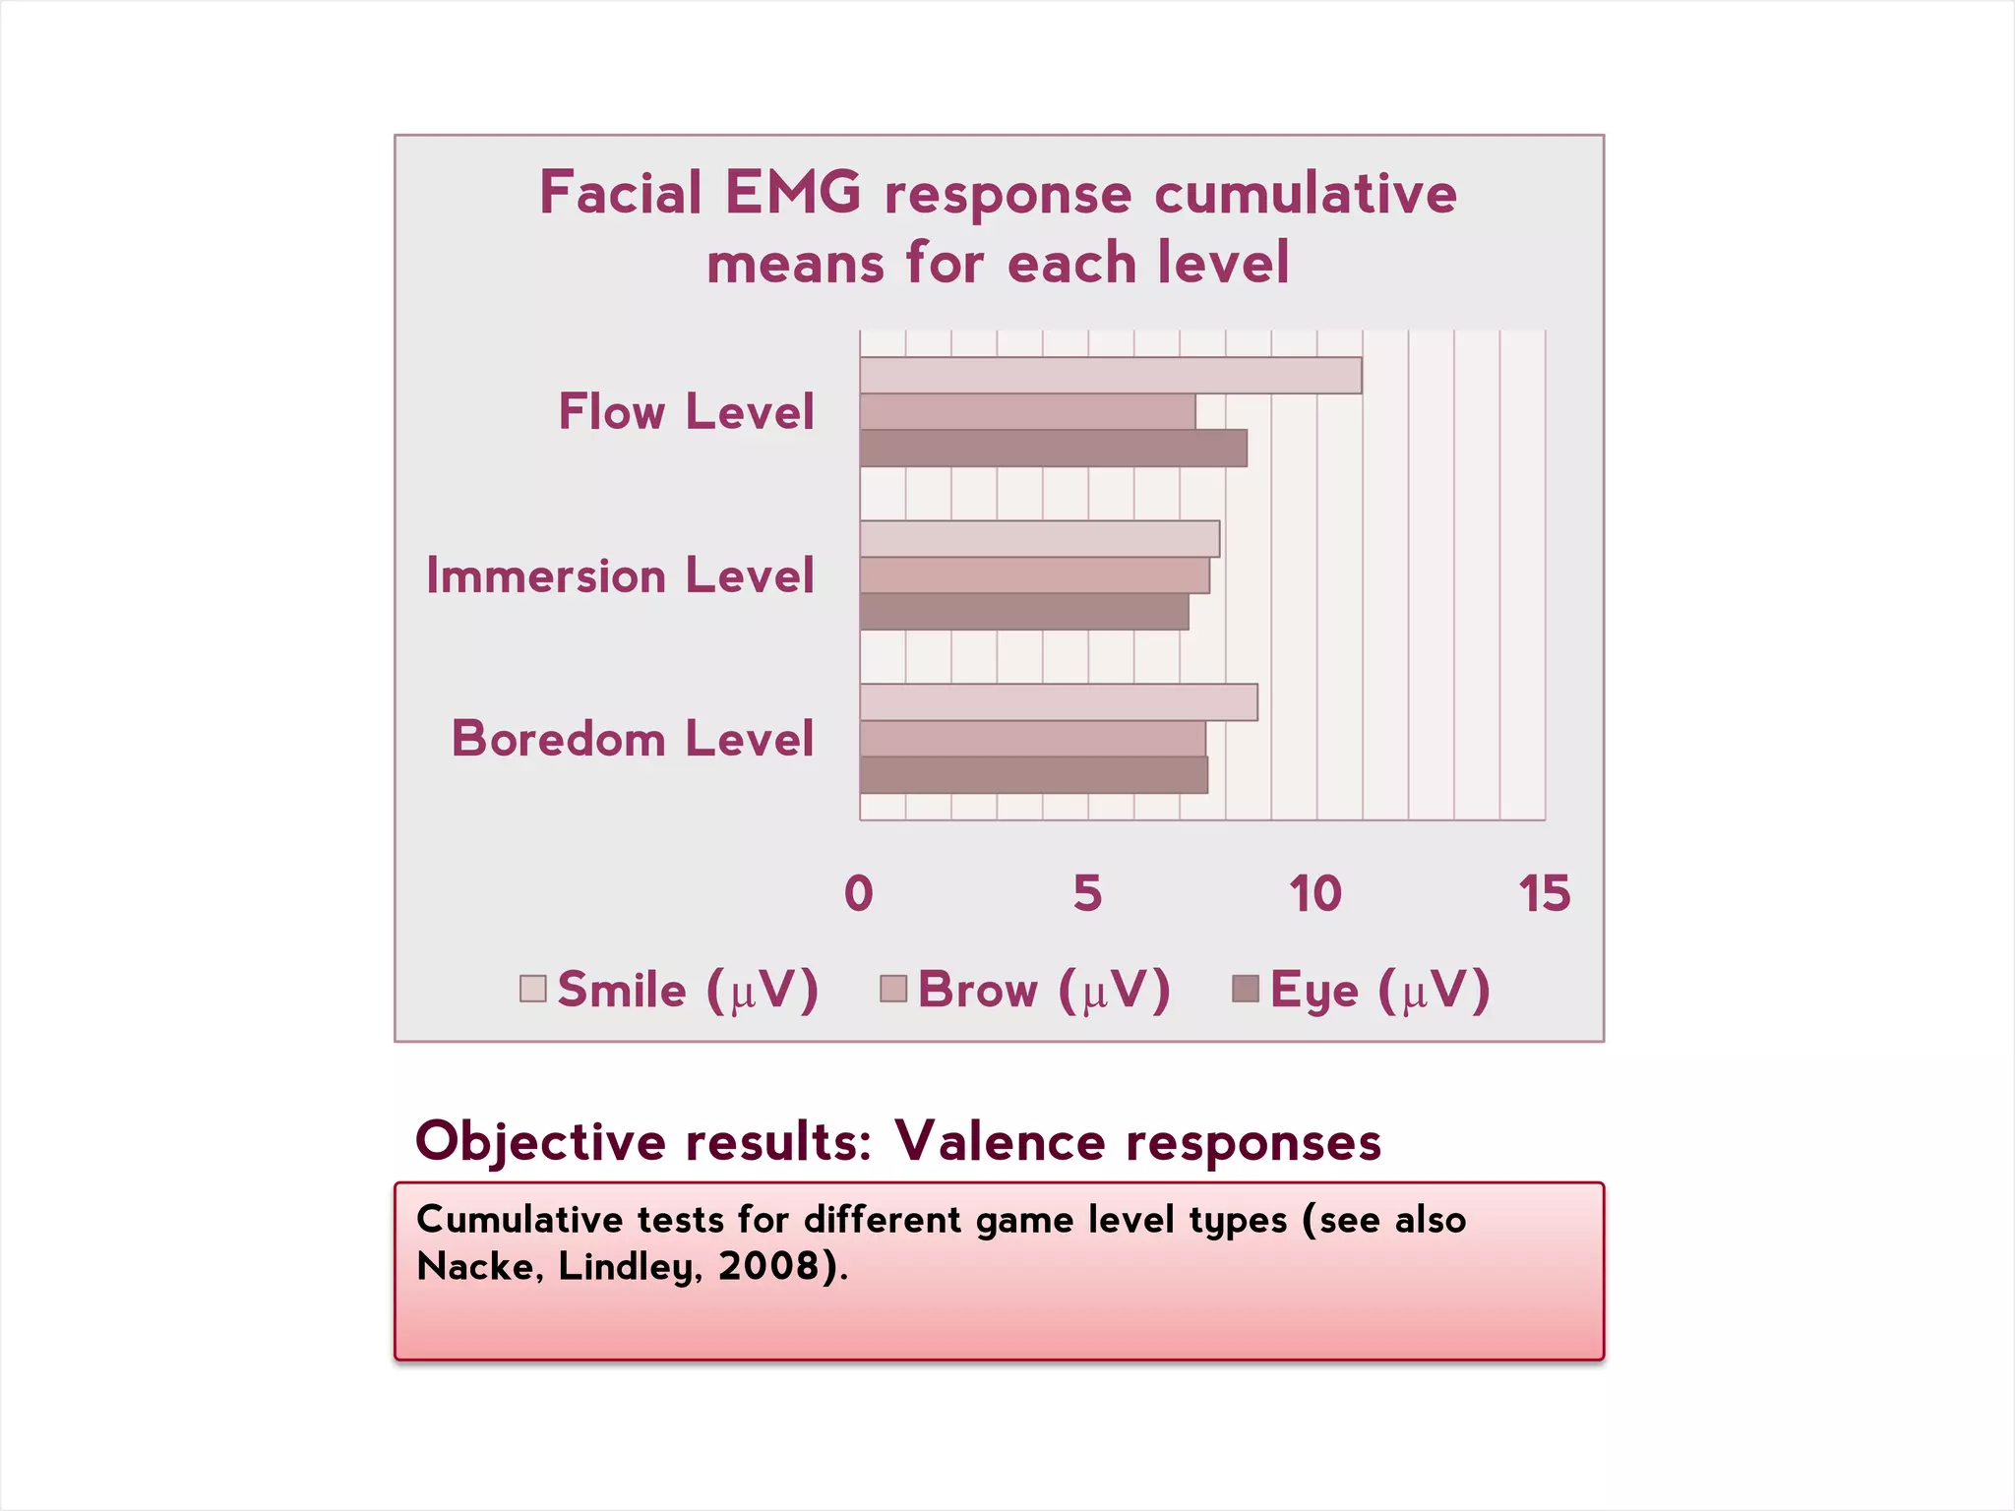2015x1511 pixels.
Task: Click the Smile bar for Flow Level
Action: tap(1110, 376)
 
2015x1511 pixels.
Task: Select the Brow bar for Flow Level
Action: tap(1027, 412)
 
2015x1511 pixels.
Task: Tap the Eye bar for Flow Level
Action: tap(1053, 449)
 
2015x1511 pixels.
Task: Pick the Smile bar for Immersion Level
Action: tap(1039, 539)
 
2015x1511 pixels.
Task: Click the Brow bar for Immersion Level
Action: tap(1034, 575)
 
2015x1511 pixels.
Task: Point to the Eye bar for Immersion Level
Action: tap(1023, 612)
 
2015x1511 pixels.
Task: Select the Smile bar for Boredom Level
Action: tap(1058, 702)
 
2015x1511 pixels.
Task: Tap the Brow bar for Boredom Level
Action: tap(1032, 739)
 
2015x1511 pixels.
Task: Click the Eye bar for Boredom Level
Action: tap(1033, 775)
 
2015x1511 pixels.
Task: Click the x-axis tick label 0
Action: tap(859, 893)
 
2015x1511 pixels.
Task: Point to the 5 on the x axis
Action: tap(1087, 893)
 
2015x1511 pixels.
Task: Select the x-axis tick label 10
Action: tap(1315, 893)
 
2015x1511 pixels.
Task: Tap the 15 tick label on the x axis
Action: tap(1544, 893)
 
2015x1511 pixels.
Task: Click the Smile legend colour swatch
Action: tap(533, 989)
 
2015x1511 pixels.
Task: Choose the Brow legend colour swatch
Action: tap(893, 989)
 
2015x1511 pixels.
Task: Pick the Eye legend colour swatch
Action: tap(1246, 989)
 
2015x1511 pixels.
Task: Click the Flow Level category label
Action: tap(686, 411)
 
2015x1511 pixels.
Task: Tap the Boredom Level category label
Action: tap(633, 738)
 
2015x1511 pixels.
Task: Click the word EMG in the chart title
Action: tap(793, 192)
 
